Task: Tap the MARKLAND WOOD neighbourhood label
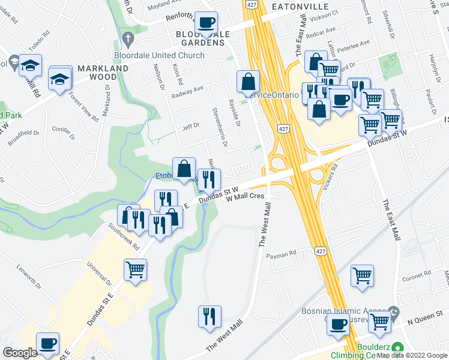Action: coord(101,73)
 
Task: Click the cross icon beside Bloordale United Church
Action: coord(127,40)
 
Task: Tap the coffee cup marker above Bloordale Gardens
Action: coord(207,23)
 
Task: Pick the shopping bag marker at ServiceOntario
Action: coord(248,82)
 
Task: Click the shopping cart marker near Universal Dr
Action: coord(135,269)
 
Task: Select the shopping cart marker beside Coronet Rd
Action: coord(363,277)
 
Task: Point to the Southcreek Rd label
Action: coord(124,237)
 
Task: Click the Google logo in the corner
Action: coord(20,353)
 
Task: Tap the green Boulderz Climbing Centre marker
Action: coord(396,347)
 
